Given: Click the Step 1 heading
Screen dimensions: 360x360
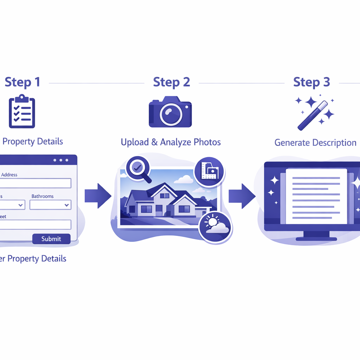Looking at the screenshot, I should (22, 82).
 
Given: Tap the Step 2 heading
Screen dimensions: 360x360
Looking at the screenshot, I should (172, 82).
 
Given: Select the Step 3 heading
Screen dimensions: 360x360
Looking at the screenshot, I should (311, 82).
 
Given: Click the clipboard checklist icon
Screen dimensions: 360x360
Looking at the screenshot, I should (22, 111).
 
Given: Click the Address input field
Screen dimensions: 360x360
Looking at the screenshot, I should (35, 183).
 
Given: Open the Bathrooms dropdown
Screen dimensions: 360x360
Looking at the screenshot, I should (50, 205).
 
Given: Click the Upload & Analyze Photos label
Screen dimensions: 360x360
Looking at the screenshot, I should (171, 142).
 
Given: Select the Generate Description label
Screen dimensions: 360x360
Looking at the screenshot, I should (315, 143).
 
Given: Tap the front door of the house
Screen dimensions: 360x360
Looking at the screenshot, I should (159, 210).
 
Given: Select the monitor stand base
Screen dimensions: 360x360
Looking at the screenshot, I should (316, 239).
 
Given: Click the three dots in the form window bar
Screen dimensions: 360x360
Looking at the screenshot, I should (61, 160).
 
